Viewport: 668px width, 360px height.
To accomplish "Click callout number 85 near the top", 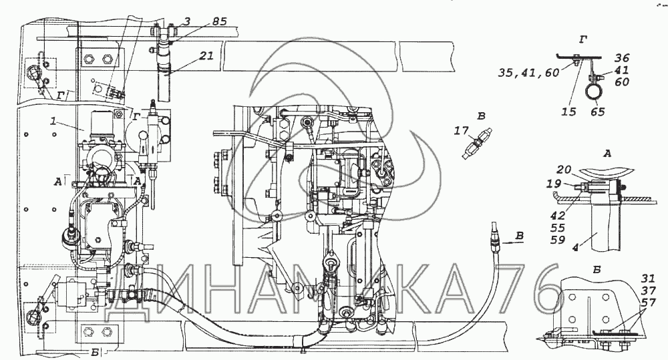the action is (218, 21).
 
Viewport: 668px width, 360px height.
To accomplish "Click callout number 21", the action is (206, 55).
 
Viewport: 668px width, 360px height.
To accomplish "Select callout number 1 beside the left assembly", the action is (53, 121).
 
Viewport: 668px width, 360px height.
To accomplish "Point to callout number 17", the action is (462, 130).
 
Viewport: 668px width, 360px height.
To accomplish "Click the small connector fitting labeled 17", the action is (476, 144).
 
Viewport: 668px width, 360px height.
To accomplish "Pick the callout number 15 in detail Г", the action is (568, 112).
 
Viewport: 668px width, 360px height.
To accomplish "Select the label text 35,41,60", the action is (528, 73).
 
